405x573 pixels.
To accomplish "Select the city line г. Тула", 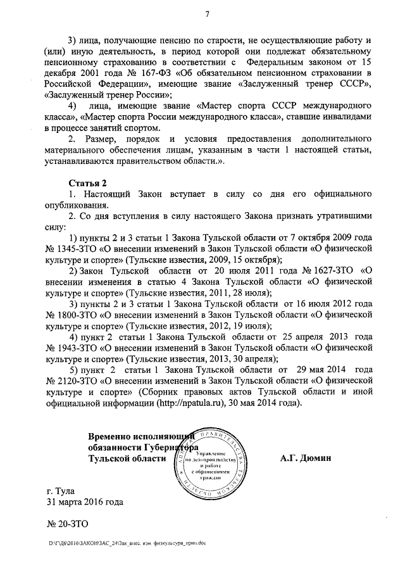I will (61, 490).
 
